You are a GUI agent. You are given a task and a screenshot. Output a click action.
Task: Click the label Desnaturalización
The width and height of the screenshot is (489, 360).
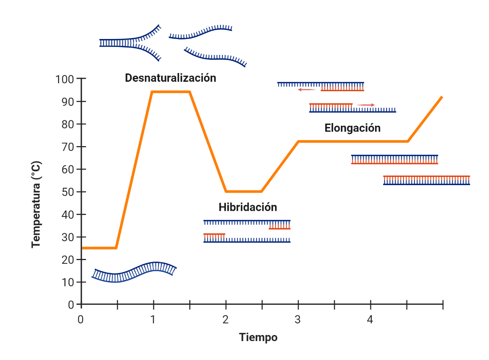pos(171,78)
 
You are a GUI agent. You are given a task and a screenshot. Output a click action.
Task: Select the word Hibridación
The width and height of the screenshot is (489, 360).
pos(248,207)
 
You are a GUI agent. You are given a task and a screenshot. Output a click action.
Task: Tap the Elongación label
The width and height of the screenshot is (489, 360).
pos(352,128)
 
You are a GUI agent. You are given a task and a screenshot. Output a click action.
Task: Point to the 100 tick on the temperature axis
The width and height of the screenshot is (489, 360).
pos(65,79)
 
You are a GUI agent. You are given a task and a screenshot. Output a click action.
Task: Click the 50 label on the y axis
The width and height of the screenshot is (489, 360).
pos(68,192)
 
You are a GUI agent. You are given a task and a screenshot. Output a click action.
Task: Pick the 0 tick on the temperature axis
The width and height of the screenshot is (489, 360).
pos(71,305)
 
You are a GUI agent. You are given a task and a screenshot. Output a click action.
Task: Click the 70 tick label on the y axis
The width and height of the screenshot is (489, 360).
pos(68,147)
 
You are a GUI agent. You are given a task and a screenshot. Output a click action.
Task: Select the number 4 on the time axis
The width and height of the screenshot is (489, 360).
pos(370,320)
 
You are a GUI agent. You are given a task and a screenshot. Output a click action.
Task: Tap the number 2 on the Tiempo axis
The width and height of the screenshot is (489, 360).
pos(225,320)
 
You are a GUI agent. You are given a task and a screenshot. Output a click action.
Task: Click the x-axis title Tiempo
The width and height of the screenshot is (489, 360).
pos(258,337)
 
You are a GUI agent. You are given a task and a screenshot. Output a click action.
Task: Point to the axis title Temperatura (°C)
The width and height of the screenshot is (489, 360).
pos(36,204)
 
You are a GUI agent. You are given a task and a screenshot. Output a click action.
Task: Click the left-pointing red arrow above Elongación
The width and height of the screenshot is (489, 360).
pos(307,90)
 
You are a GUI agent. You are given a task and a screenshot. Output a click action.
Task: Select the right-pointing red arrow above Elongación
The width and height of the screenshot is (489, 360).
pos(366,105)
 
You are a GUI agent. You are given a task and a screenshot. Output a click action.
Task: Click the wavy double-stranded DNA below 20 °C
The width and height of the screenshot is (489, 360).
pos(134,272)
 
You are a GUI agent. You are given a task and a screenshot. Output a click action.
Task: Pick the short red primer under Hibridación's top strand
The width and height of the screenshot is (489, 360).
pos(279,227)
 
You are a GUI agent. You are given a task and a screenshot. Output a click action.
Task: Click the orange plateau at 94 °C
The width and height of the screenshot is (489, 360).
pos(171,92)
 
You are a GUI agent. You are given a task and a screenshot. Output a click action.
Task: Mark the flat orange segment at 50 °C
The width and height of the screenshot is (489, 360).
pos(244,192)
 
